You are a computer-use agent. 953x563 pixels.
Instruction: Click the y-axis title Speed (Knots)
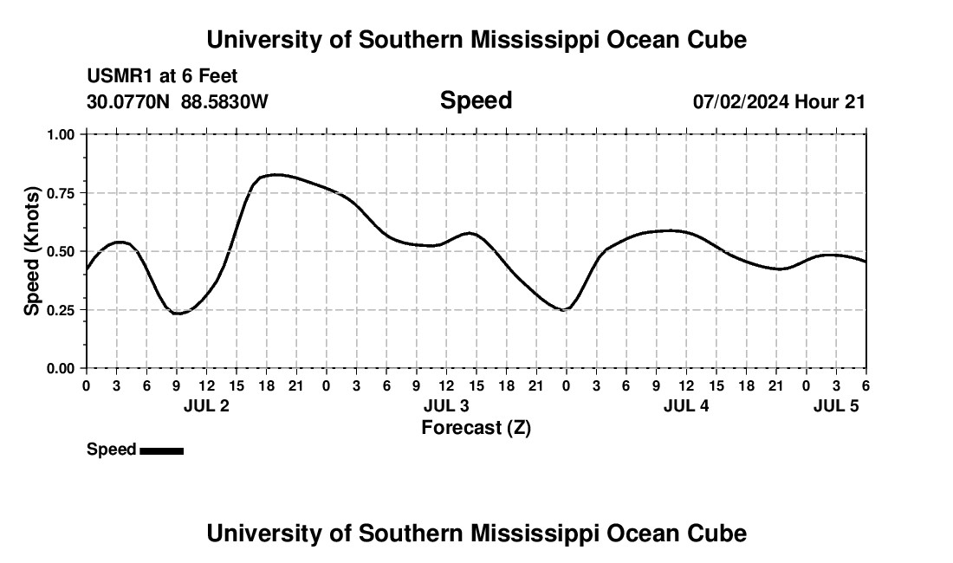32,251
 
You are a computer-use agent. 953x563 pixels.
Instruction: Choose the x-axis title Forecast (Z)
476,427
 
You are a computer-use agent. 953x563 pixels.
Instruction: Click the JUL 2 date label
206,406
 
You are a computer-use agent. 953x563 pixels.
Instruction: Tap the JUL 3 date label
446,406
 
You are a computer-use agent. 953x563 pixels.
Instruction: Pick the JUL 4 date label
686,406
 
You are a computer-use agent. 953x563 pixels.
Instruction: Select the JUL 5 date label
836,406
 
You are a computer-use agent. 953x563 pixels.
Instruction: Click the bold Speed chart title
476,100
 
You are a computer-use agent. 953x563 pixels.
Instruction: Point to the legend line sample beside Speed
161,450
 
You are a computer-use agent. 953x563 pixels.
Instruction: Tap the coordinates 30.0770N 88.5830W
178,101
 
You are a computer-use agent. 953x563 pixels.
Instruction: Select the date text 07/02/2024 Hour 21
779,101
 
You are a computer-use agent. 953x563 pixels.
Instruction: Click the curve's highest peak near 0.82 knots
276,175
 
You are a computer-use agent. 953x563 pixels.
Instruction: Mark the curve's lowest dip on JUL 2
178,314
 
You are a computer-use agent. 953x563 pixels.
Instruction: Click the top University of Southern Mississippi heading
476,40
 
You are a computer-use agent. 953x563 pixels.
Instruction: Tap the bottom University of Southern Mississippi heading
476,534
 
